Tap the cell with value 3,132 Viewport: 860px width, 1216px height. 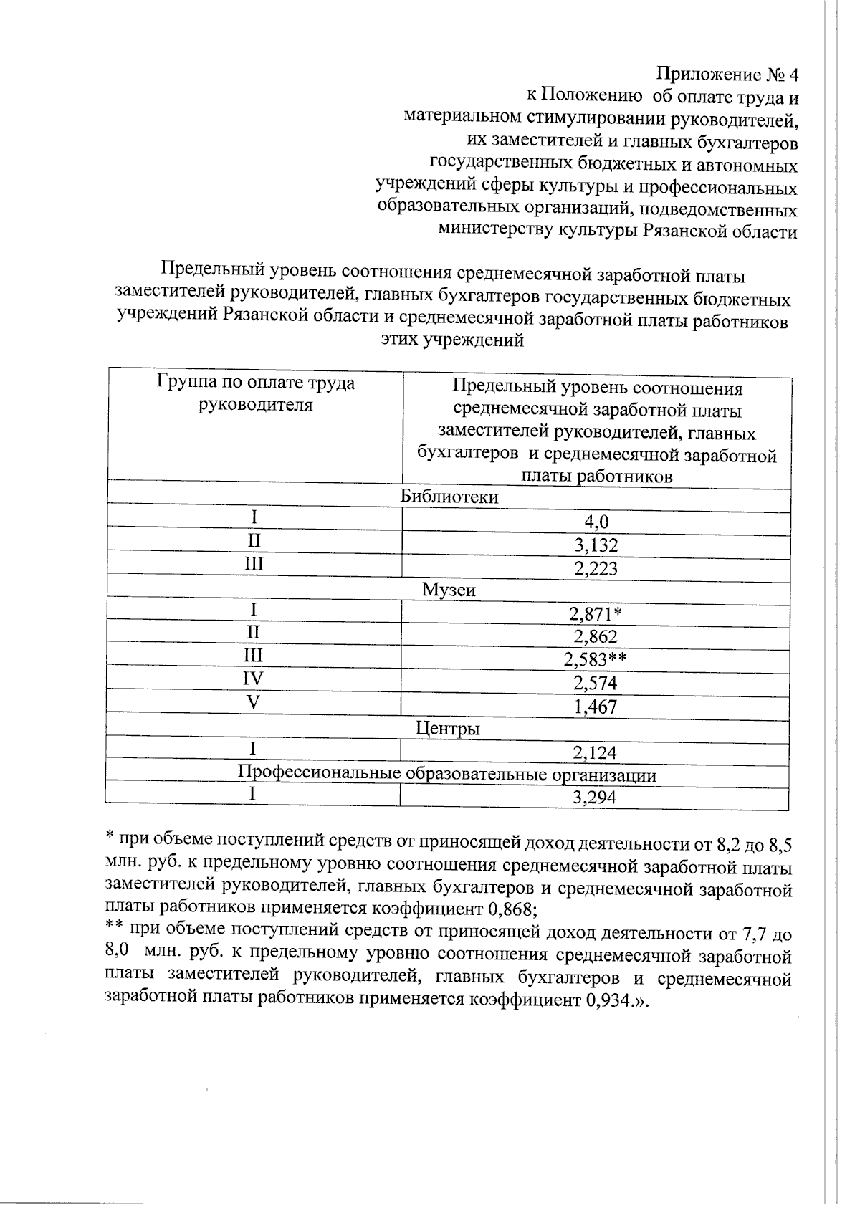coord(596,545)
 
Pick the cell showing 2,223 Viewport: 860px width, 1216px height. coord(596,568)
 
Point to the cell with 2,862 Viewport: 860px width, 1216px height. coord(596,637)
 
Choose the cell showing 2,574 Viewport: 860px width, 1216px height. coord(596,683)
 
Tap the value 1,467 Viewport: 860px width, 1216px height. coord(596,707)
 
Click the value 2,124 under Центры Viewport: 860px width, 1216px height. coord(596,752)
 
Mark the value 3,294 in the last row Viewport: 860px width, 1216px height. coord(596,798)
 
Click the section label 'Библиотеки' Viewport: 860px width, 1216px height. coord(449,497)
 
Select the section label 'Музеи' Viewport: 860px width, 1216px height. coord(449,590)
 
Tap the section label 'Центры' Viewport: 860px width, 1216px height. coord(449,729)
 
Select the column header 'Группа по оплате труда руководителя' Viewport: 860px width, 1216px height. coord(256,393)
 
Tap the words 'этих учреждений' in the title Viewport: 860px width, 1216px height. coord(452,340)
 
